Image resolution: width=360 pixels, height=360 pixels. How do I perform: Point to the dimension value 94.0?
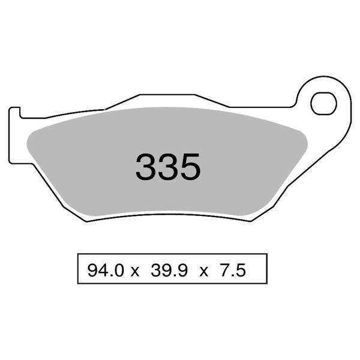pyautogui.click(x=105, y=270)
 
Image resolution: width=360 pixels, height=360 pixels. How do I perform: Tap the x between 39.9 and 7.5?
pyautogui.click(x=204, y=271)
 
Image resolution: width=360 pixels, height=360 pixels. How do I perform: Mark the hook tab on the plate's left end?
pyautogui.click(x=14, y=113)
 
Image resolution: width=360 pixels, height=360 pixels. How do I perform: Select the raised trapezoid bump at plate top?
pyautogui.click(x=168, y=100)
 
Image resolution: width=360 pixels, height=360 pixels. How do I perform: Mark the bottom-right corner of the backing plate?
pyautogui.click(x=250, y=220)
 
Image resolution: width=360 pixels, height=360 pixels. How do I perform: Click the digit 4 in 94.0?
pyautogui.click(x=101, y=270)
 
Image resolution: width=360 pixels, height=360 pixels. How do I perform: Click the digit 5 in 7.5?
pyautogui.click(x=242, y=270)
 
